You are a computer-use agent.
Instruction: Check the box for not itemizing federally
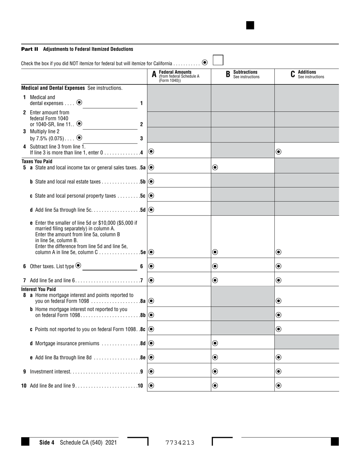click(218, 60)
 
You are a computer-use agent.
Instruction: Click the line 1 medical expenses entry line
click(110, 104)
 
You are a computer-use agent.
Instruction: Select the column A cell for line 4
click(179, 151)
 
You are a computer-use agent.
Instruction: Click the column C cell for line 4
click(307, 151)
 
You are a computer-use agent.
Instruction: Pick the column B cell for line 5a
click(243, 167)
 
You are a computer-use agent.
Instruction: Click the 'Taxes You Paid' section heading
click(37, 161)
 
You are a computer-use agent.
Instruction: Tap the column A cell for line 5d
click(179, 210)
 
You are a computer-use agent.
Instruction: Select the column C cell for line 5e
click(307, 252)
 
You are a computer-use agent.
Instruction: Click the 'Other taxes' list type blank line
click(110, 266)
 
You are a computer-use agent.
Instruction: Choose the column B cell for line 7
click(243, 280)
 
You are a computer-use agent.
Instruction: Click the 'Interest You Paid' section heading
click(38, 289)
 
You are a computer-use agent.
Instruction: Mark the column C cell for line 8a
click(307, 301)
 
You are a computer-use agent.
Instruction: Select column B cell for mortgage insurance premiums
click(243, 343)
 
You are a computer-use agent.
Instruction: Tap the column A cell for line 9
click(179, 371)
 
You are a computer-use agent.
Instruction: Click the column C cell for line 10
click(307, 385)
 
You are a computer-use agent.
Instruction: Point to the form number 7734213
click(180, 443)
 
